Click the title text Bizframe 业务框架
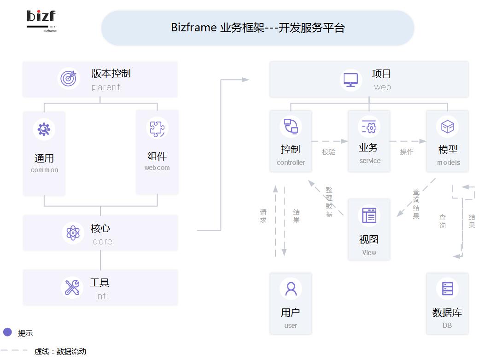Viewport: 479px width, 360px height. [257, 28]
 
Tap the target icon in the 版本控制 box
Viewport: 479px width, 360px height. [69, 78]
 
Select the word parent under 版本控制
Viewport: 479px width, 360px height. [105, 87]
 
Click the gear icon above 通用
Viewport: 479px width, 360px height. [44, 129]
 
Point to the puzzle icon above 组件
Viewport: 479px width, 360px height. [157, 128]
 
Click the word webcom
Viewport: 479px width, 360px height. [157, 168]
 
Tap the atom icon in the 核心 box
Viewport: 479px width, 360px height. [73, 233]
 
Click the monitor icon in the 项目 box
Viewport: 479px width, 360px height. [350, 79]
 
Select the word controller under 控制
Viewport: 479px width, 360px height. [291, 163]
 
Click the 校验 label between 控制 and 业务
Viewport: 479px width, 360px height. [329, 151]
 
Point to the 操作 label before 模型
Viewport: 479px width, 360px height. [407, 151]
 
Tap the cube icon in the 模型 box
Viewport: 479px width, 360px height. [447, 127]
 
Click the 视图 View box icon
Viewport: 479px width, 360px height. [369, 215]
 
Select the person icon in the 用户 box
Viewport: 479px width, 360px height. [291, 289]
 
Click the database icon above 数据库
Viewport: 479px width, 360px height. [447, 289]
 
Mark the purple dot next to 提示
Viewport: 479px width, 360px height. [7, 332]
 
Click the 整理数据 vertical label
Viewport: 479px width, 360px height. [329, 202]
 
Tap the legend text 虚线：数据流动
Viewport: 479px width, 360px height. [60, 351]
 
